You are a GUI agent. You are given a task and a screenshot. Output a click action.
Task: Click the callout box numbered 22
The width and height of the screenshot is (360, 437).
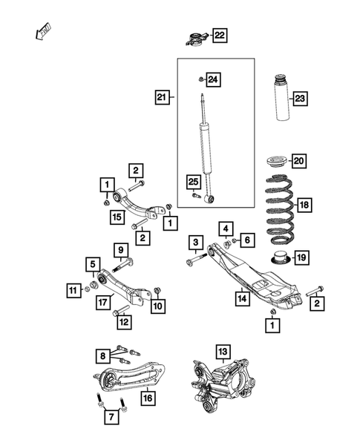click(220, 35)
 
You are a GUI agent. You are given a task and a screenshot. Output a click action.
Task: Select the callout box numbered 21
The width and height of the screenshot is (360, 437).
click(163, 96)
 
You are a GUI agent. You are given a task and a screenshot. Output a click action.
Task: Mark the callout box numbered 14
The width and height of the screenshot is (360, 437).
click(242, 299)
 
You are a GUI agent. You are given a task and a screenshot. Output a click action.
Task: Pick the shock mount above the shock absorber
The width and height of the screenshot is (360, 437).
click(196, 37)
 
